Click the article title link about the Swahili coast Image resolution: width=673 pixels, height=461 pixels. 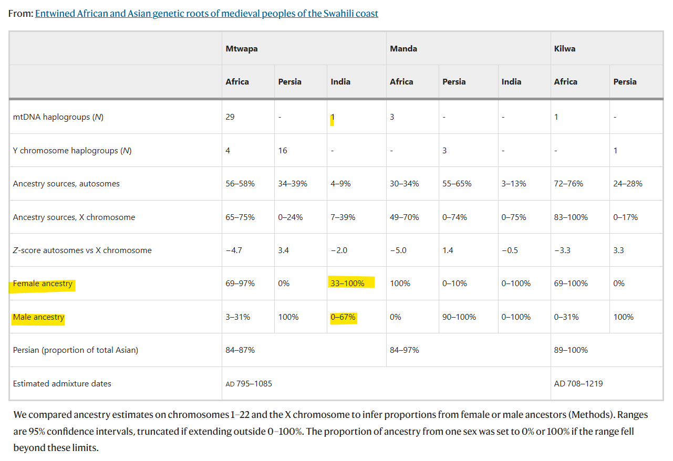click(x=206, y=14)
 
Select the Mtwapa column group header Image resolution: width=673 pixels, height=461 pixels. click(x=242, y=49)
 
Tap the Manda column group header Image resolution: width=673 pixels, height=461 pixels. click(x=403, y=49)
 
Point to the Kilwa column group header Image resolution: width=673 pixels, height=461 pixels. click(x=565, y=49)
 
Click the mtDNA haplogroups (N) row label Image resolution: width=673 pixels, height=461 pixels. click(x=58, y=117)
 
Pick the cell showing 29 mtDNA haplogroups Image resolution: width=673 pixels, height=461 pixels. click(x=230, y=117)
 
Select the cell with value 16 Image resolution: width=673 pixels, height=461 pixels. click(x=283, y=151)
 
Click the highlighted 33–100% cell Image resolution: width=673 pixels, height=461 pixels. click(x=347, y=283)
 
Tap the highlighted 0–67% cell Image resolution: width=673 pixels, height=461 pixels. click(x=343, y=317)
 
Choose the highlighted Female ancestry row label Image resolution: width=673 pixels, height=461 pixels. click(x=43, y=284)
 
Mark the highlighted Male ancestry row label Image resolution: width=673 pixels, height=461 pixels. click(x=38, y=317)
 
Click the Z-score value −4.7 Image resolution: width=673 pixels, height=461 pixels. click(x=234, y=250)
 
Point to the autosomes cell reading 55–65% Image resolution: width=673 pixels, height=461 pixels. click(x=457, y=183)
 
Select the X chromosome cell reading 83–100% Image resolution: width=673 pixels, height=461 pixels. click(x=571, y=217)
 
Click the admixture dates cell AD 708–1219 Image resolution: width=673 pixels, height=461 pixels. click(x=578, y=383)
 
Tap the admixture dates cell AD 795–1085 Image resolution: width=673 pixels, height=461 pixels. click(x=249, y=383)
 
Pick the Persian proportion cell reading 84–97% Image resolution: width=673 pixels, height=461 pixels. click(x=404, y=350)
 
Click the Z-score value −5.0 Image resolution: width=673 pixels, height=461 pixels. click(x=398, y=250)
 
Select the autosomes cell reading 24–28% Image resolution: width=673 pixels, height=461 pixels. click(x=628, y=183)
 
